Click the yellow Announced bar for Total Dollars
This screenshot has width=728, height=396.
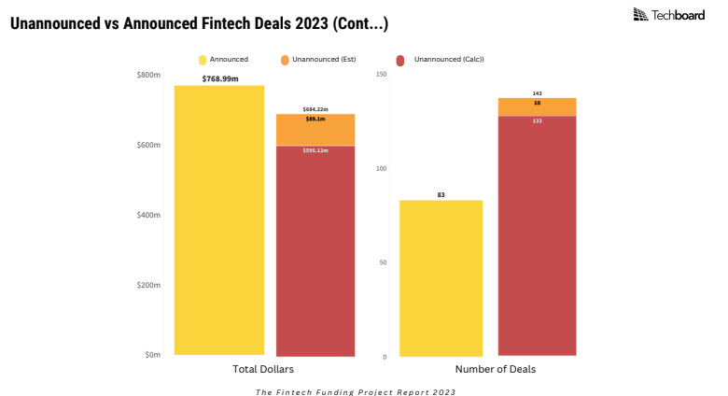coord(219,220)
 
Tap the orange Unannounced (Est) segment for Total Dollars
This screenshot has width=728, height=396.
coord(315,131)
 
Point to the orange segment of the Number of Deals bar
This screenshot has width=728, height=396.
coord(537,107)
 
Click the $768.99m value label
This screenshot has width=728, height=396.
coord(220,78)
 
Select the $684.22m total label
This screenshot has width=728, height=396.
coord(315,109)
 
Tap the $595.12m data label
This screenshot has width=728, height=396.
coord(315,150)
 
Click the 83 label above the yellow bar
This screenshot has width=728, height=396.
coord(441,194)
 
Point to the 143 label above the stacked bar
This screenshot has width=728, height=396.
coord(537,93)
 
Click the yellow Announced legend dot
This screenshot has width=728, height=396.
coord(202,60)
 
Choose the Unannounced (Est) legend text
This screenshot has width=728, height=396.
coord(324,60)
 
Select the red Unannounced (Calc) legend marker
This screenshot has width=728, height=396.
coord(400,60)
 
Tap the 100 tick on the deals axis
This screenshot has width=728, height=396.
coord(380,169)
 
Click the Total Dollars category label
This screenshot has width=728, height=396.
coord(264,370)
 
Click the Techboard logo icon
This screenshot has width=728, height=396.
coord(640,14)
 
